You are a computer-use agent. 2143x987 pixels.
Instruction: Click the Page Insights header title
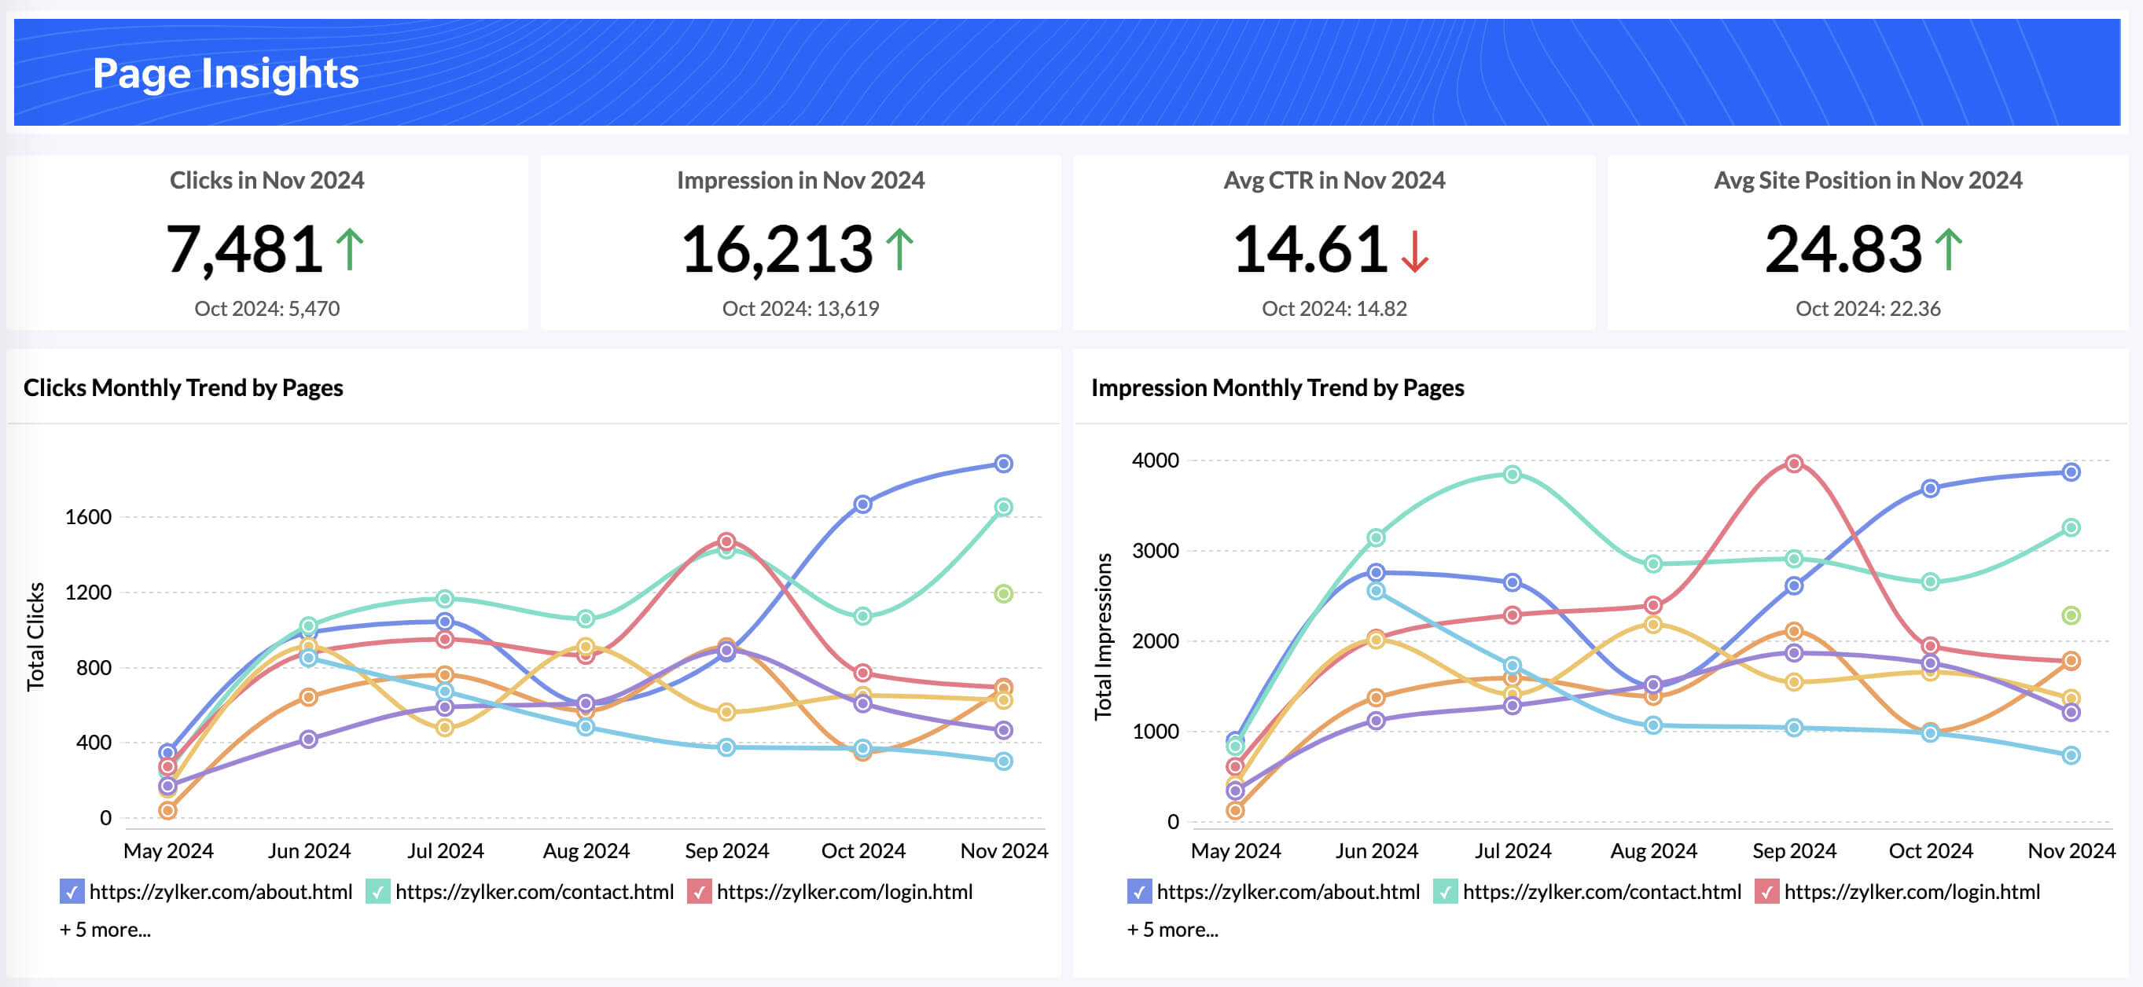(x=226, y=73)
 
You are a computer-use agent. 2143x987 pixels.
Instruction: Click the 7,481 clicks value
(x=244, y=248)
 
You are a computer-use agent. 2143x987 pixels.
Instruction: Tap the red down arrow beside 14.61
(x=1414, y=251)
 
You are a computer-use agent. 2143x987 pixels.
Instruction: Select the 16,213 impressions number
(x=777, y=248)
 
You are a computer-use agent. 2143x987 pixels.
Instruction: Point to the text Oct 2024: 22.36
(x=1868, y=309)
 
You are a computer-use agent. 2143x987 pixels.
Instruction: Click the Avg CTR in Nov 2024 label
(x=1333, y=181)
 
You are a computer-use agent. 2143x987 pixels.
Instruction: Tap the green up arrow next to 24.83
(x=1948, y=249)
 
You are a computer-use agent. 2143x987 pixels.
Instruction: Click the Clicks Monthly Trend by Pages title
(x=183, y=387)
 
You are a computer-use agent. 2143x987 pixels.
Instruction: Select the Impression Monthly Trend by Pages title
(x=1277, y=387)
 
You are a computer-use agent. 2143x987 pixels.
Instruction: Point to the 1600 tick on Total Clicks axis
(x=88, y=517)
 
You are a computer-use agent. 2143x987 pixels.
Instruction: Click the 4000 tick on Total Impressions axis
(x=1155, y=460)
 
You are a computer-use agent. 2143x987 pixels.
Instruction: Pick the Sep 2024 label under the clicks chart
(x=726, y=850)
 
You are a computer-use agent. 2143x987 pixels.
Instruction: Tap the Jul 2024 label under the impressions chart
(x=1513, y=850)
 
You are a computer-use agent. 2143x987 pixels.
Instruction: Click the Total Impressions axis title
(x=1103, y=636)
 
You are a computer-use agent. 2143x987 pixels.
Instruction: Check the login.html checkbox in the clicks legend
(x=700, y=892)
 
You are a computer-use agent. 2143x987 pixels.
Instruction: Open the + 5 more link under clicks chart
(x=105, y=930)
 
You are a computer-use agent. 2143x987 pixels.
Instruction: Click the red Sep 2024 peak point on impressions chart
(x=1794, y=463)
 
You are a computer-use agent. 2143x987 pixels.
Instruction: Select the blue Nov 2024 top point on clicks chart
(x=1003, y=464)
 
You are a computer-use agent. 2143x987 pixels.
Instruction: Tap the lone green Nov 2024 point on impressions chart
(x=2071, y=615)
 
